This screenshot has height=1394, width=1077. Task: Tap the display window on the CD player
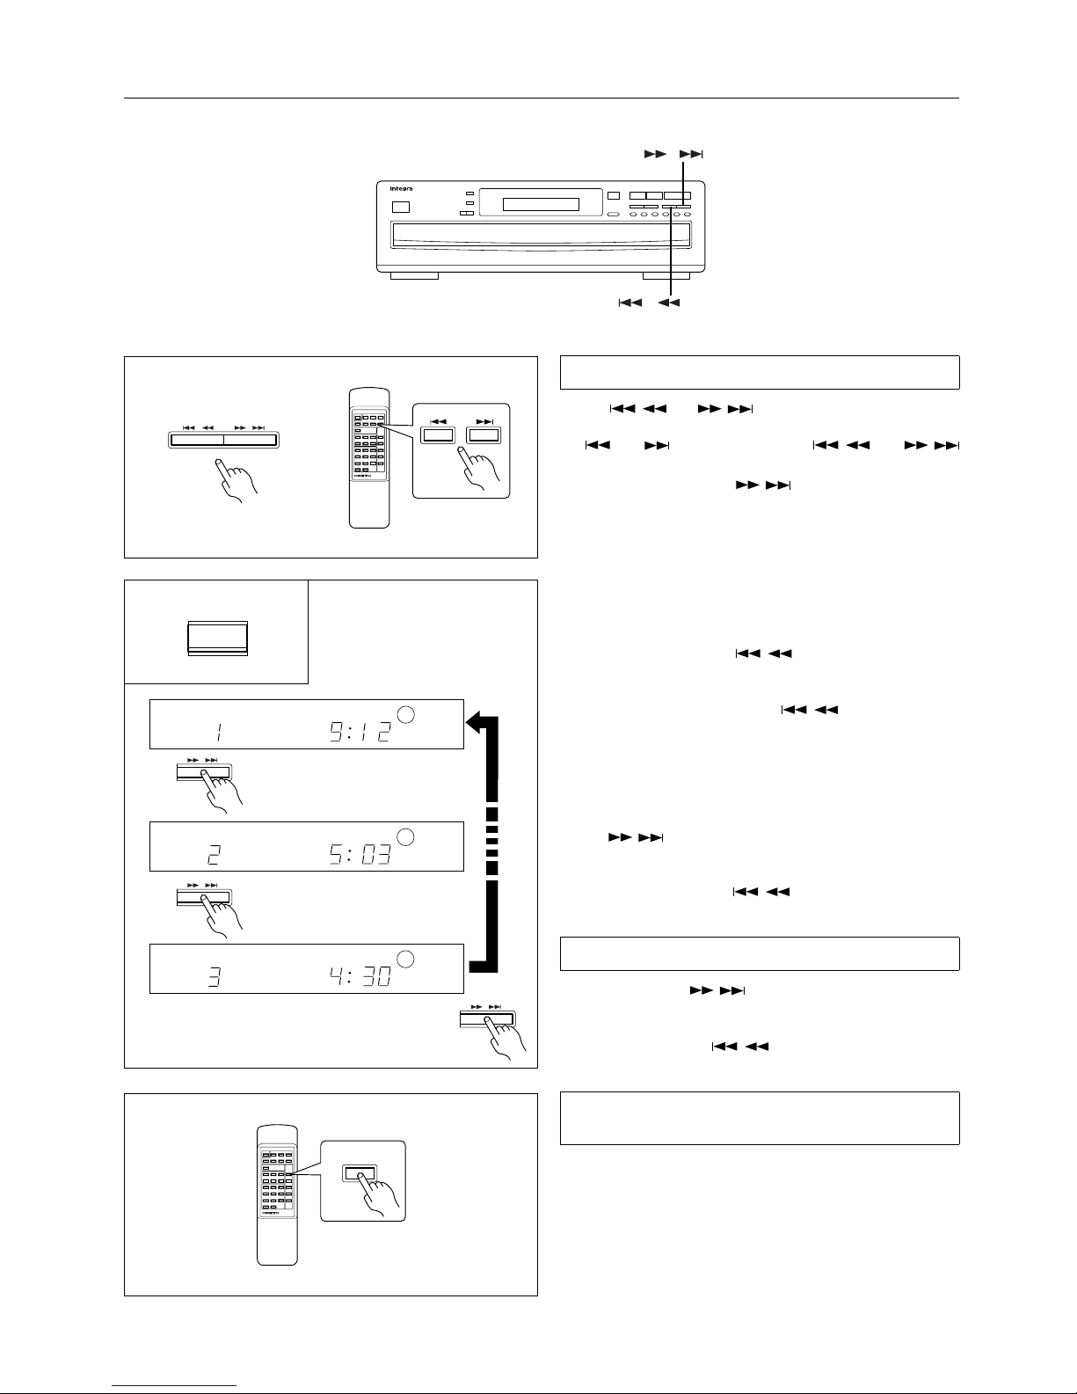(x=540, y=205)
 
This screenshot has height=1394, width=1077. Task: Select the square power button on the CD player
(x=400, y=208)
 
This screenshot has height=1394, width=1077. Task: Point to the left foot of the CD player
(x=413, y=275)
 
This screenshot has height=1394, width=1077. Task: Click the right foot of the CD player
(x=666, y=275)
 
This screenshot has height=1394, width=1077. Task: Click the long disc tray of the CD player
(x=541, y=235)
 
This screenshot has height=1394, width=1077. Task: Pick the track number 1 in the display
(x=217, y=730)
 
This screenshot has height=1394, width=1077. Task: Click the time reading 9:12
(x=360, y=730)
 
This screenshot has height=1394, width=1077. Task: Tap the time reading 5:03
(x=360, y=852)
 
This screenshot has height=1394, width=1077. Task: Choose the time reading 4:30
(x=360, y=974)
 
